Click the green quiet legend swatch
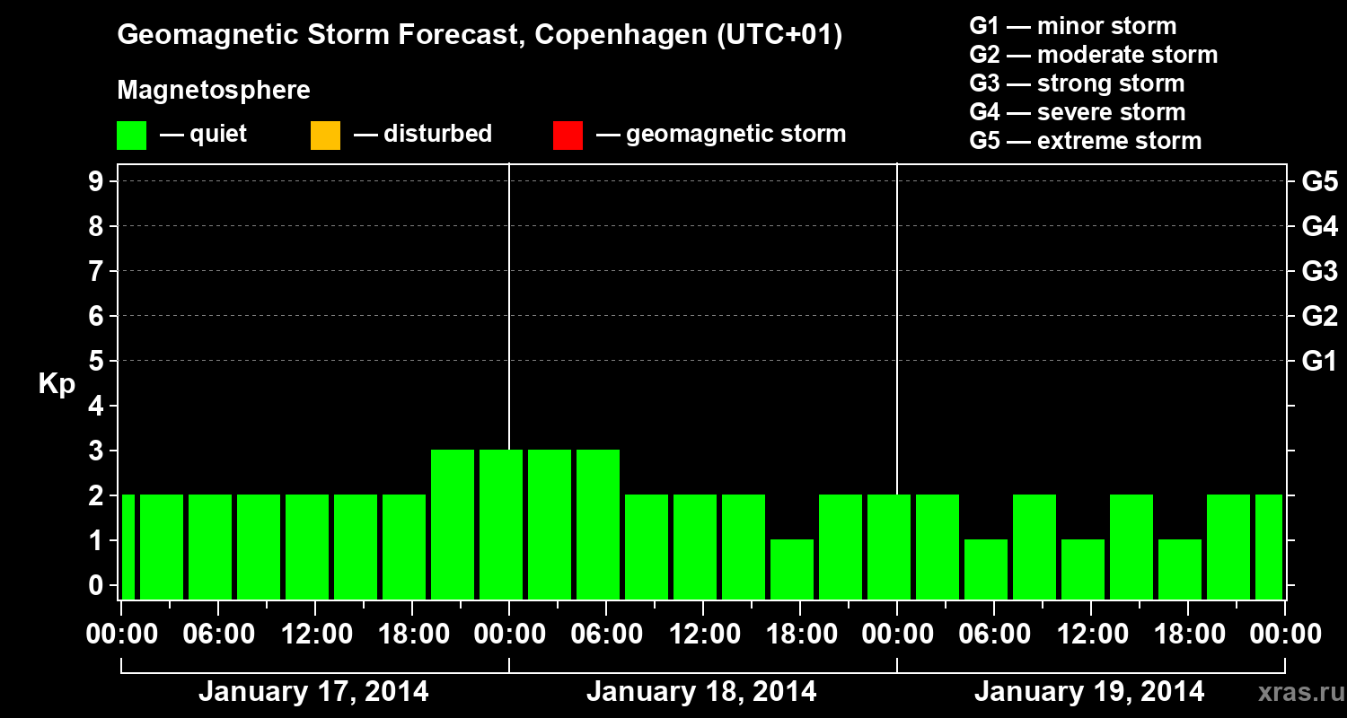click(x=131, y=135)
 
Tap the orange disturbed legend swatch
click(x=325, y=135)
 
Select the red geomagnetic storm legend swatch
click(x=568, y=135)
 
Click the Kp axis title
click(x=57, y=384)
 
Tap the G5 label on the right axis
click(x=1319, y=182)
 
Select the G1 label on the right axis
click(x=1319, y=362)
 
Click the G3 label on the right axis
click(x=1319, y=272)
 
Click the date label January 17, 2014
click(x=313, y=692)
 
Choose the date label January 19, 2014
click(x=1089, y=692)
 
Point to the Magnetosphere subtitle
click(x=214, y=91)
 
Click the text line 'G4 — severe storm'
click(x=1078, y=112)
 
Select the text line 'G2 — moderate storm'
click(x=1094, y=55)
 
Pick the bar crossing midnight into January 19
click(x=889, y=547)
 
